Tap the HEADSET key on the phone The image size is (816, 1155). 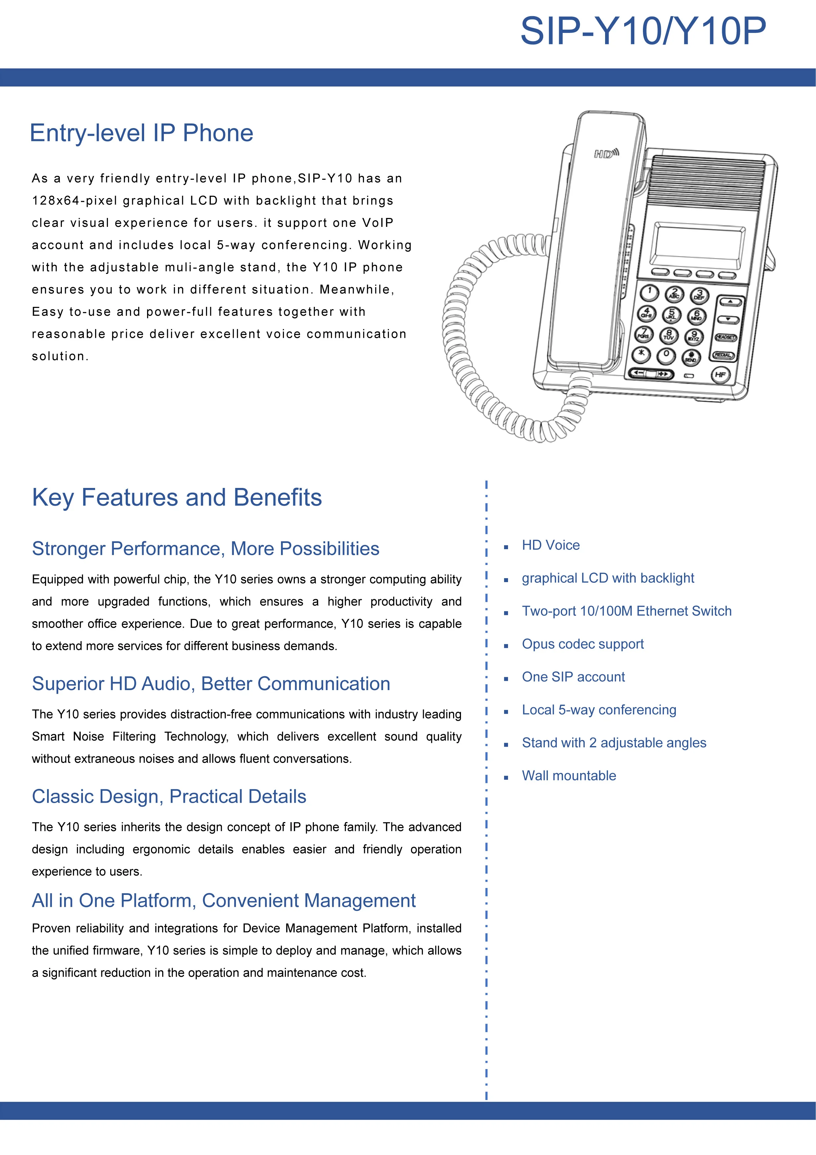726,337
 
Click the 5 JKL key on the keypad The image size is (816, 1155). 671,315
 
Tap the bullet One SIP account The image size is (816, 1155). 573,677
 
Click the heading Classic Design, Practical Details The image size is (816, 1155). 169,797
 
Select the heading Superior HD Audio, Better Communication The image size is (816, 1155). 211,684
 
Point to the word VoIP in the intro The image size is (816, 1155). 378,223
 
